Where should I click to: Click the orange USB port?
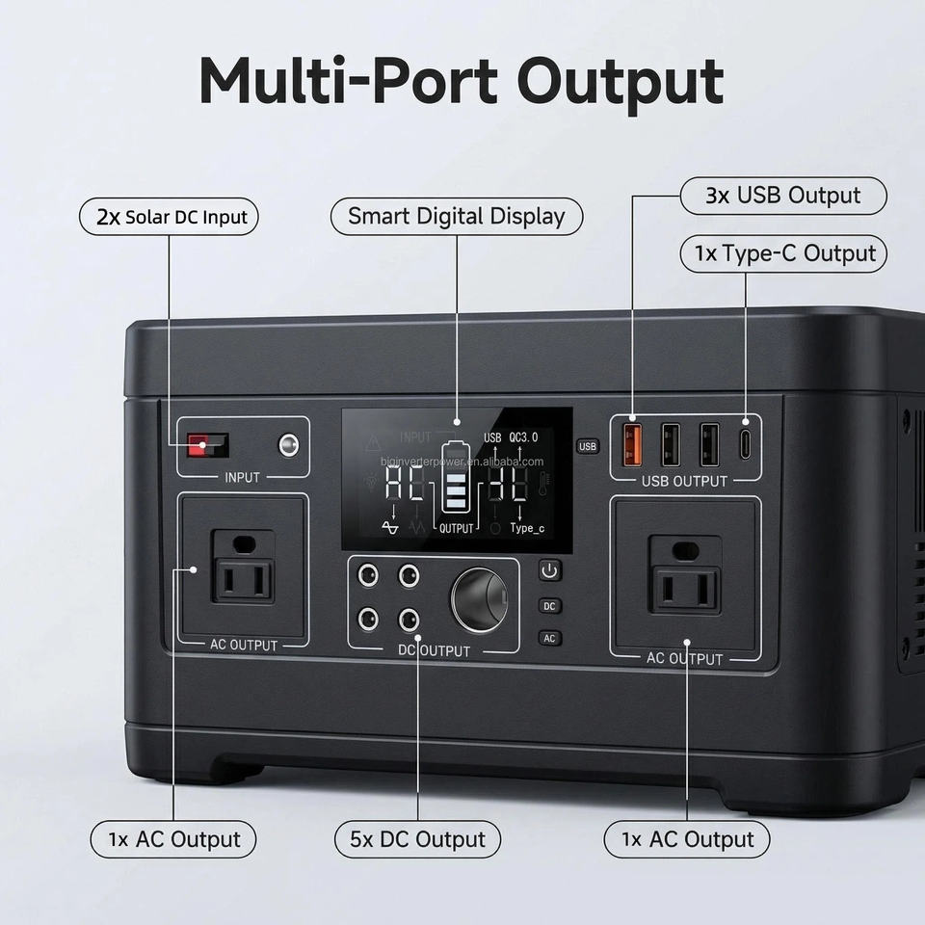pyautogui.click(x=634, y=444)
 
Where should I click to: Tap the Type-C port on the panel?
pyautogui.click(x=745, y=444)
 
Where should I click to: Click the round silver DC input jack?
pyautogui.click(x=287, y=445)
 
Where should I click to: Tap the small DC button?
pyautogui.click(x=549, y=606)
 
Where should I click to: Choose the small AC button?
pyautogui.click(x=549, y=638)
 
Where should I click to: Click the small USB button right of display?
pyautogui.click(x=588, y=446)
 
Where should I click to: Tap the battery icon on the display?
pyautogui.click(x=453, y=479)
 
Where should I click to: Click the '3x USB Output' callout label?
pyautogui.click(x=782, y=196)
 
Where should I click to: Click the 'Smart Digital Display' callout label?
pyautogui.click(x=457, y=216)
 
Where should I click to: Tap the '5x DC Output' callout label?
pyautogui.click(x=418, y=839)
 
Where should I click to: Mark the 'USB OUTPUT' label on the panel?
pyautogui.click(x=685, y=481)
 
